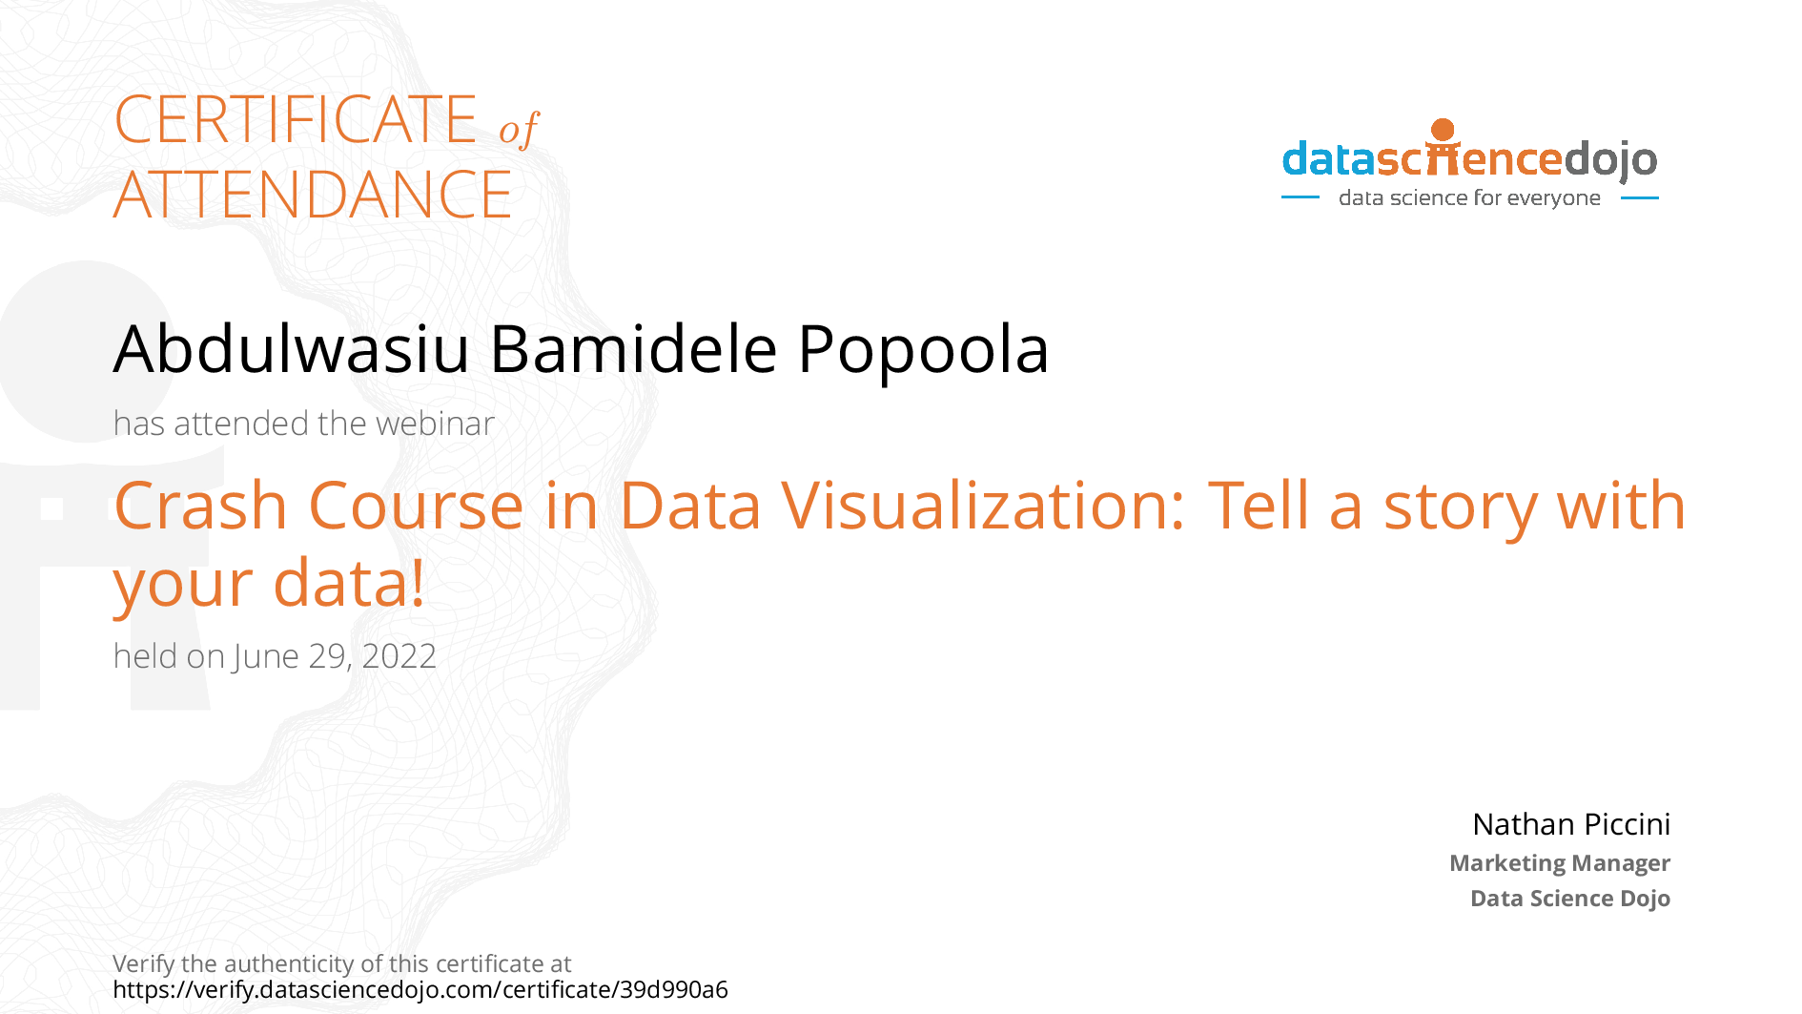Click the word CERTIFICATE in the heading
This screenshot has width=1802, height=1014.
[296, 120]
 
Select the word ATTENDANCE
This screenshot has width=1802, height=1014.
[313, 195]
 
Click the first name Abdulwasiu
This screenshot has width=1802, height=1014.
[292, 349]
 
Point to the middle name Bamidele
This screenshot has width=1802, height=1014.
[634, 349]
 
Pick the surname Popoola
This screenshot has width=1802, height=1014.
[923, 349]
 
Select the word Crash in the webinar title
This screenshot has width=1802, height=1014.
[200, 506]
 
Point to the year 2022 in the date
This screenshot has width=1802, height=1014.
[399, 656]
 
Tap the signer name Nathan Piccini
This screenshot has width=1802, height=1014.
[1571, 824]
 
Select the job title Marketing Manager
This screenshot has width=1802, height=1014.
[1560, 863]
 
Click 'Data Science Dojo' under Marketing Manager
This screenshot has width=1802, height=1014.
[1570, 899]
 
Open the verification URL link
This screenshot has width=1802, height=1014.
[420, 990]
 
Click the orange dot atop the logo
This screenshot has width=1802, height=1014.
[1443, 130]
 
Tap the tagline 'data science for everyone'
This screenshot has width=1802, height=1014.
[1469, 198]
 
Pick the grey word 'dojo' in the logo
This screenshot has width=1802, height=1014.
[1610, 160]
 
